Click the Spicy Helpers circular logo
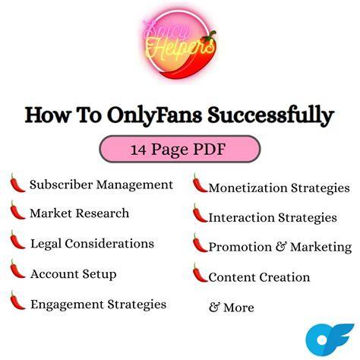tap(179, 44)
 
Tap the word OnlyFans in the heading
tap(154, 115)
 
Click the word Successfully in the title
tap(270, 115)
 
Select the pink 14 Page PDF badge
tap(180, 149)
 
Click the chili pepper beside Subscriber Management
tap(17, 183)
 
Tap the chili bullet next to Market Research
tap(17, 210)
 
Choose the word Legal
tap(46, 244)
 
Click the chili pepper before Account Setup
tap(17, 269)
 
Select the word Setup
tap(99, 274)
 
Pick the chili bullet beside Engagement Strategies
tap(17, 301)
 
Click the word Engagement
tap(67, 305)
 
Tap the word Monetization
tap(248, 188)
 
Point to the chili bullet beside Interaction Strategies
tap(200, 213)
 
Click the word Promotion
tap(240, 247)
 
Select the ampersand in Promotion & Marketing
tap(281, 247)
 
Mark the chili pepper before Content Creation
tap(200, 273)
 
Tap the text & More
tap(232, 308)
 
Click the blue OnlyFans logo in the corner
tap(330, 339)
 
